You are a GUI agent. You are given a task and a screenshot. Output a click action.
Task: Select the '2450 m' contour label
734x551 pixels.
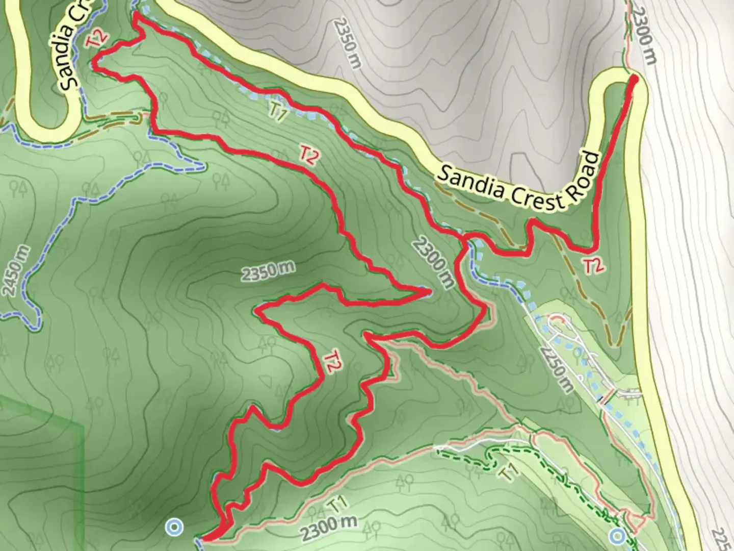[16, 271]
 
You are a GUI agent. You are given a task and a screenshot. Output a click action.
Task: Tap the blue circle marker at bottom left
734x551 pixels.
[175, 527]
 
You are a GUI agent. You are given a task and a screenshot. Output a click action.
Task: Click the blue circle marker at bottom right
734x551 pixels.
[618, 536]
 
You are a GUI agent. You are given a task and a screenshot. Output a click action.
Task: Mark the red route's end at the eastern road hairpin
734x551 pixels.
[634, 79]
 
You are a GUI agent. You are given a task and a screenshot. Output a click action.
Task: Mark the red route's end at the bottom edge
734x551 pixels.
[204, 538]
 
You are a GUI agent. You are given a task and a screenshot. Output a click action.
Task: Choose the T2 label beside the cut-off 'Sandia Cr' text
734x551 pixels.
[97, 39]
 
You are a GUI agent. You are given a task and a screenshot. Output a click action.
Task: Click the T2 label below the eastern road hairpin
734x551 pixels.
[594, 266]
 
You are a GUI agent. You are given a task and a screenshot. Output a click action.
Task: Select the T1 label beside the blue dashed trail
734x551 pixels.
[276, 112]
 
